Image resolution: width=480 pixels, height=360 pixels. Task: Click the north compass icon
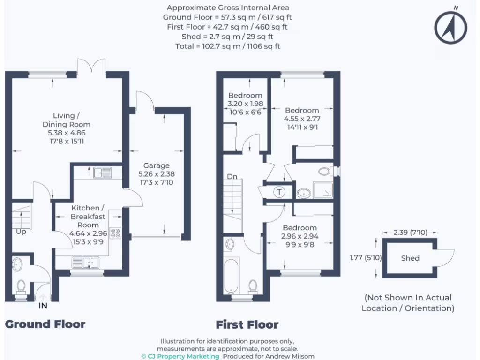click(x=450, y=27)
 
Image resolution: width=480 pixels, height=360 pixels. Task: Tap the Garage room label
click(x=157, y=165)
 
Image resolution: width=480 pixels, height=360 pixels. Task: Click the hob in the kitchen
click(x=115, y=232)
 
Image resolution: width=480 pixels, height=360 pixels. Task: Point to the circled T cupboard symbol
click(x=279, y=192)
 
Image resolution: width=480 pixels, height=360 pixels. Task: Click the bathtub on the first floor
click(x=231, y=277)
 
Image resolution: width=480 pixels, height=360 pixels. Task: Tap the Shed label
click(x=410, y=258)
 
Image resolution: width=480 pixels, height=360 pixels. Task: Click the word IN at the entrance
click(x=43, y=306)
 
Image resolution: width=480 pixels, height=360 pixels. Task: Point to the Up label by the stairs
click(x=21, y=232)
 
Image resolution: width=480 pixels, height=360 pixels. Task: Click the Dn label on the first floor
click(x=232, y=177)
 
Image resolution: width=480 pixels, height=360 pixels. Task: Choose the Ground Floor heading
click(x=45, y=324)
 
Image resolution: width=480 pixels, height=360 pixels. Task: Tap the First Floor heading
click(x=247, y=324)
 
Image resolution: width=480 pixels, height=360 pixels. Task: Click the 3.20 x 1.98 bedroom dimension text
click(x=245, y=104)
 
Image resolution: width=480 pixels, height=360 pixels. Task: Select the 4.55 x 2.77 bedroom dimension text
click(x=302, y=119)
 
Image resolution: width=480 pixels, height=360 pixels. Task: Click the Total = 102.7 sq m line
click(x=228, y=46)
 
